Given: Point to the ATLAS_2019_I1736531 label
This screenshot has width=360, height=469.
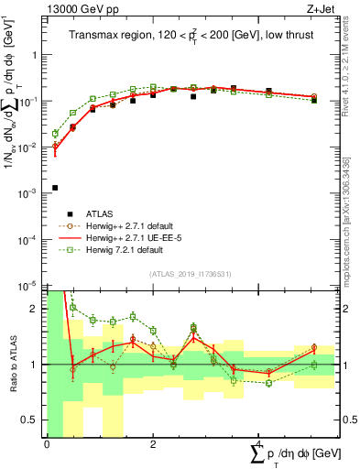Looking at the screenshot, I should coord(190,274).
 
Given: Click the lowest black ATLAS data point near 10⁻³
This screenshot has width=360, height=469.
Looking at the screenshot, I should coord(55,188).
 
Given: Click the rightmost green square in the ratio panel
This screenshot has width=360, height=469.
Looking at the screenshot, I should coord(313,365).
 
